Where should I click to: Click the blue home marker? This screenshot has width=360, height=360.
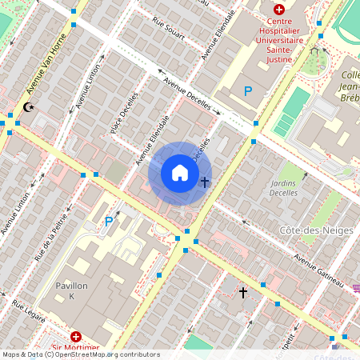pyautogui.click(x=180, y=173)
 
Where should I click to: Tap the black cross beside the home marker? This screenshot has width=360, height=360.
pyautogui.click(x=205, y=182)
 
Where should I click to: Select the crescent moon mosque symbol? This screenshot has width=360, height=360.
pyautogui.click(x=30, y=107)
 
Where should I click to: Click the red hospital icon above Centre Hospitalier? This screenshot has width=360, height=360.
pyautogui.click(x=278, y=11)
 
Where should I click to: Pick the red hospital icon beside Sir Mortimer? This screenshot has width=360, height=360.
pyautogui.click(x=75, y=338)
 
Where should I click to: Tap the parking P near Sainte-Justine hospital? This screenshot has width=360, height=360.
pyautogui.click(x=248, y=92)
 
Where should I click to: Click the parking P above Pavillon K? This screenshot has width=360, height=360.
pyautogui.click(x=109, y=222)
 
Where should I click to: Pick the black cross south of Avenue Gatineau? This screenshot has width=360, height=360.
pyautogui.click(x=243, y=292)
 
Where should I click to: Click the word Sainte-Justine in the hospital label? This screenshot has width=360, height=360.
pyautogui.click(x=278, y=49)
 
